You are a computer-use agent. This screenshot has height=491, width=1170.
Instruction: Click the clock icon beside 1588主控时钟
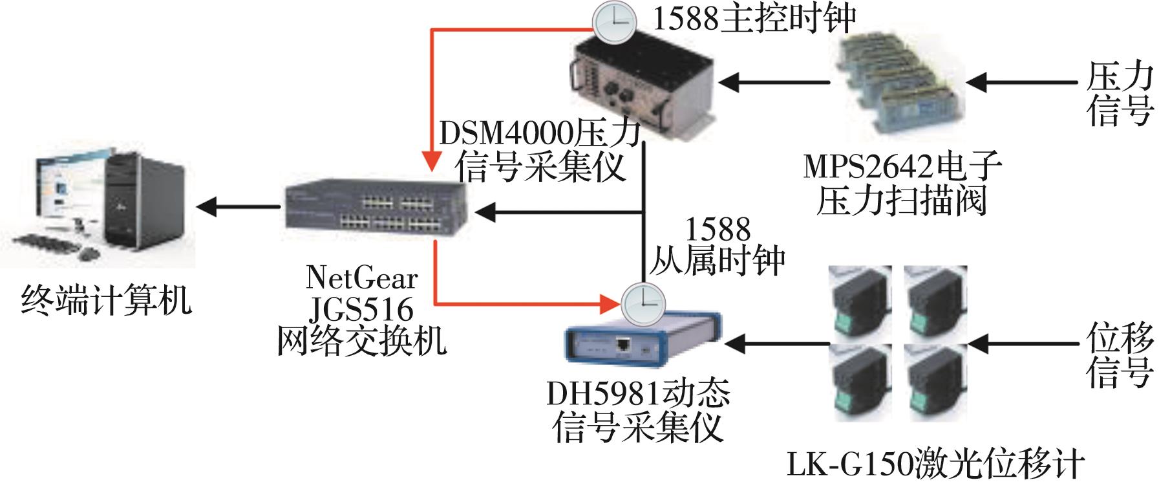613,23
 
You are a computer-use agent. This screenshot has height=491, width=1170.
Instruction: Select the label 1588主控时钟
754,18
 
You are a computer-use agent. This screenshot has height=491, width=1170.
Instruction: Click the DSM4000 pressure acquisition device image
643,83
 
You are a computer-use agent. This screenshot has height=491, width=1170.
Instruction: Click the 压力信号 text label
1119,94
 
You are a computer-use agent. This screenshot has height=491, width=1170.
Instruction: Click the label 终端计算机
107,300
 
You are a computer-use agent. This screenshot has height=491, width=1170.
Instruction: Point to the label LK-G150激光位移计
935,464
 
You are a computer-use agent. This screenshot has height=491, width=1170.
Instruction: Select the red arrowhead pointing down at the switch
432,162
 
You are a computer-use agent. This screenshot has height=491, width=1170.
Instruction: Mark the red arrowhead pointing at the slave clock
608,303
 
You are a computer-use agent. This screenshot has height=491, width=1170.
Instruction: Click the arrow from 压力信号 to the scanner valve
1021,83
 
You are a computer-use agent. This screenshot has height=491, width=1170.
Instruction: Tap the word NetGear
362,278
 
